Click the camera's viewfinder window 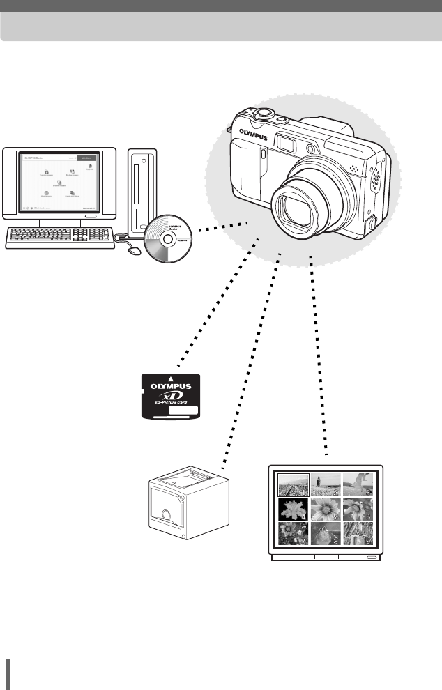(x=287, y=143)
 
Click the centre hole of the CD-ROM (x=168, y=237)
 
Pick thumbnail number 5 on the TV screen (x=325, y=507)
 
